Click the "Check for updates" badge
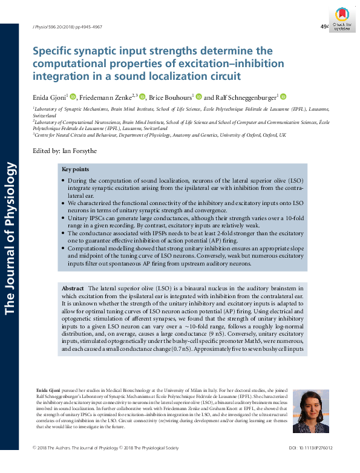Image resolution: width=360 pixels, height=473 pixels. pyautogui.click(x=342, y=21)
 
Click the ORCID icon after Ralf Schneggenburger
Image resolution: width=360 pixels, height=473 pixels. pyautogui.click(x=283, y=96)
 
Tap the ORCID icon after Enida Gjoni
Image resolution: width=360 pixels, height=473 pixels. pyautogui.click(x=73, y=96)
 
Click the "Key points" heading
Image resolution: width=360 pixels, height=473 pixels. pyautogui.click(x=76, y=170)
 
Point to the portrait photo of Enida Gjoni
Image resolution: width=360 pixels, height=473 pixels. pyautogui.click(x=310, y=411)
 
